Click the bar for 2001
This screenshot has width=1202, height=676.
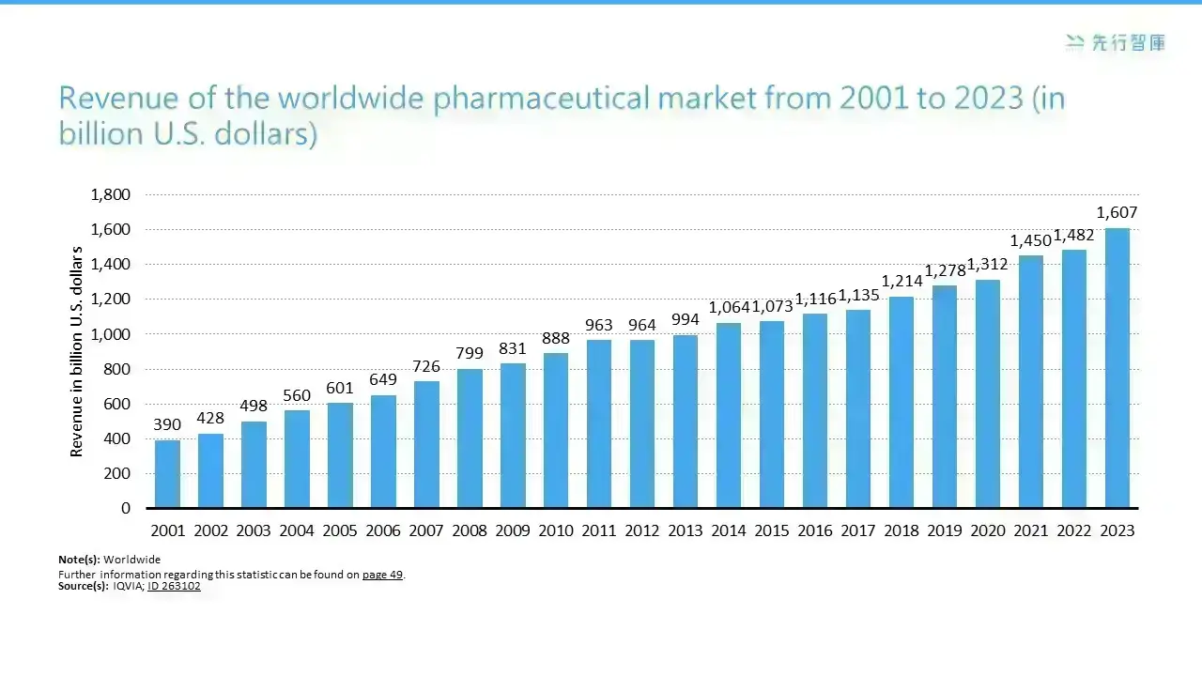coord(167,474)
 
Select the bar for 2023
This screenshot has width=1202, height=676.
coord(1117,368)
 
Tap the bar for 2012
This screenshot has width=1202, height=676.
coord(641,423)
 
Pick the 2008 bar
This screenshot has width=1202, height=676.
coord(470,438)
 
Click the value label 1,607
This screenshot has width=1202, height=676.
coord(1117,212)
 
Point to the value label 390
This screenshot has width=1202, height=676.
coord(167,424)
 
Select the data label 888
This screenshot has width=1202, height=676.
coord(555,338)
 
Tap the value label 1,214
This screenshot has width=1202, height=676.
coord(901,281)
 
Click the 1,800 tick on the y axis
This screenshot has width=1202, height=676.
coord(111,194)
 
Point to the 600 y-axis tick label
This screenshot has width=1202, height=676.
coord(117,404)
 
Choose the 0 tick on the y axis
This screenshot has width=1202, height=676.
coord(126,508)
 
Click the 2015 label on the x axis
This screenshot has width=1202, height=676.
coord(772,530)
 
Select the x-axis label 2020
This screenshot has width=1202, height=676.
coord(988,530)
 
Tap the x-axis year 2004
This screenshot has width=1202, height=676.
coord(297,530)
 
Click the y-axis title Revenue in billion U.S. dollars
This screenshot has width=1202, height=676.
coord(77,351)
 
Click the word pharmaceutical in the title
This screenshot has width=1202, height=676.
coord(541,99)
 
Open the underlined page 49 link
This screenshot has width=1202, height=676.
coord(382,575)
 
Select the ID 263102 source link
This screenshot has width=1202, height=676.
coord(174,586)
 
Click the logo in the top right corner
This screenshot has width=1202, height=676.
coord(1116,42)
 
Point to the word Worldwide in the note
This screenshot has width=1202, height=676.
coord(132,560)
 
